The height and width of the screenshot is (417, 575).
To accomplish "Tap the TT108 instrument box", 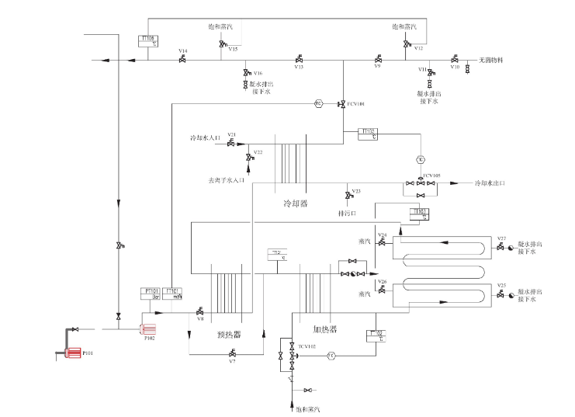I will (147, 40).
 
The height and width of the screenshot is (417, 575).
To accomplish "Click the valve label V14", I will (183, 51).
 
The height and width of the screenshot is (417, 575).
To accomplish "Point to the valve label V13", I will (298, 68).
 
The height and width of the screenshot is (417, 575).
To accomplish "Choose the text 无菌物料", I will (491, 59).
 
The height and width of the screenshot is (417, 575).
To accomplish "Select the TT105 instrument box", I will (369, 134).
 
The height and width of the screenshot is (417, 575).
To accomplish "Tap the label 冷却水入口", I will (206, 138).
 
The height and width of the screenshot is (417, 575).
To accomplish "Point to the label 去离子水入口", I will (226, 179).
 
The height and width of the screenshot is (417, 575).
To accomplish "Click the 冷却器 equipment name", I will (296, 203).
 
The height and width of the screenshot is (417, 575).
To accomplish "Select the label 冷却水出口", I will (490, 183).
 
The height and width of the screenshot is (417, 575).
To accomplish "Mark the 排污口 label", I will (347, 211).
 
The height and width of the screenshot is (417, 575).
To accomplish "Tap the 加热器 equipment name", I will (324, 328).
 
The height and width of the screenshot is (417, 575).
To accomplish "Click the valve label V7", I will (231, 362).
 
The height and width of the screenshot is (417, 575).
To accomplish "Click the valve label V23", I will (356, 191).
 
